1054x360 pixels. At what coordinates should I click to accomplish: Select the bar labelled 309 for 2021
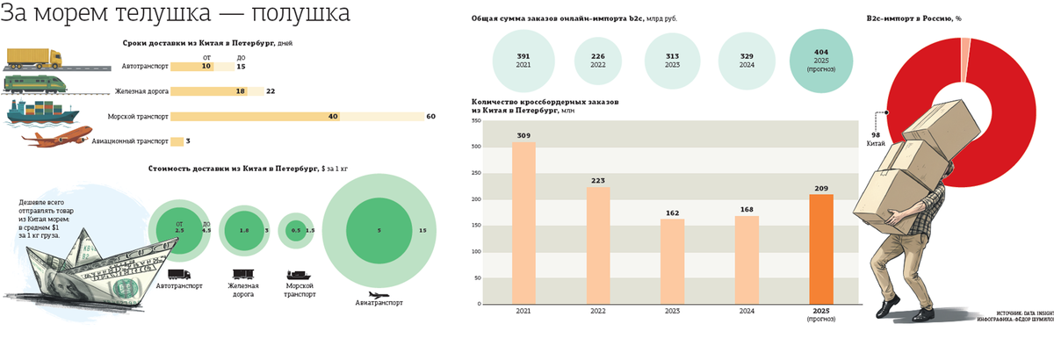pyautogui.click(x=523, y=223)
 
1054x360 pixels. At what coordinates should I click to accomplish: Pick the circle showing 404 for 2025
pyautogui.click(x=821, y=58)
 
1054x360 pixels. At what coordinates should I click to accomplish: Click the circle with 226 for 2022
pyautogui.click(x=597, y=58)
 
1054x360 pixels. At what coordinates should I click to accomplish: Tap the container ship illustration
pyautogui.click(x=40, y=112)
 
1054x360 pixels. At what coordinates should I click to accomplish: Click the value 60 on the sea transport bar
pyautogui.click(x=430, y=116)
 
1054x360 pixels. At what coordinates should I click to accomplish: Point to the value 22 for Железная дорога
pyautogui.click(x=271, y=91)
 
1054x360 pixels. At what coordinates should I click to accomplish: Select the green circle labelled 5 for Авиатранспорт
pyautogui.click(x=379, y=230)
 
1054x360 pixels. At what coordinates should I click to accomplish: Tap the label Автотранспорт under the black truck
pyautogui.click(x=179, y=286)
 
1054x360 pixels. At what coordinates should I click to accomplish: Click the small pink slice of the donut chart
pyautogui.click(x=965, y=49)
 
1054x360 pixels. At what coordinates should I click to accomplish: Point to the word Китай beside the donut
pyautogui.click(x=876, y=141)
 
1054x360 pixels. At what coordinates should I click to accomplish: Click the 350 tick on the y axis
pyautogui.click(x=476, y=120)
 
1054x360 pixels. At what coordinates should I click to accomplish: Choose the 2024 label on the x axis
pyautogui.click(x=747, y=312)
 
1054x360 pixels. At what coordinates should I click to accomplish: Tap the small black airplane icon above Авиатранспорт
pyautogui.click(x=379, y=293)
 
